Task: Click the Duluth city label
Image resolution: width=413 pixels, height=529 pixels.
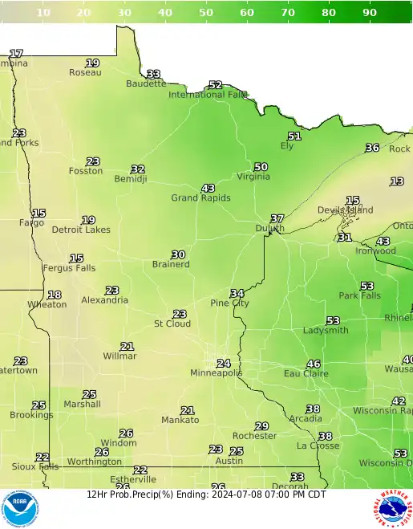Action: (270, 229)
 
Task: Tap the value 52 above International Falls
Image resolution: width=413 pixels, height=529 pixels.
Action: (215, 84)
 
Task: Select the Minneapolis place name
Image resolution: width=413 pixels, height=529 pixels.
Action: (216, 373)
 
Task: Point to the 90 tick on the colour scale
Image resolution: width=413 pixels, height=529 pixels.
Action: (370, 12)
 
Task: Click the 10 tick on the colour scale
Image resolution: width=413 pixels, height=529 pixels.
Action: (43, 12)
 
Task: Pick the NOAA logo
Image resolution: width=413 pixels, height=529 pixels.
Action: (19, 508)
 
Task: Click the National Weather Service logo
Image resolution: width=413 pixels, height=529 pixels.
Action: (392, 509)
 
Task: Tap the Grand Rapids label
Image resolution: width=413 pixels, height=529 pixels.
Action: (200, 197)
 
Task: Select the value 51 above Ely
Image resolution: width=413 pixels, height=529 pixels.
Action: (294, 136)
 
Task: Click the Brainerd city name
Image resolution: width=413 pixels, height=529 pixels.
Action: (171, 264)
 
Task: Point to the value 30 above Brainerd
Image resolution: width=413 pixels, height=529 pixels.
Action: (178, 254)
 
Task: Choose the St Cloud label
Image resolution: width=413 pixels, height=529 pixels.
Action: (172, 324)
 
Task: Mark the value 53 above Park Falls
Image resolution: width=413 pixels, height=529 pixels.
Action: (366, 286)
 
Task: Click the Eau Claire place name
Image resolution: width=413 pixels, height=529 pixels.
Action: (306, 373)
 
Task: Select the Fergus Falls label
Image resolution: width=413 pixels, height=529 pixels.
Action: (69, 268)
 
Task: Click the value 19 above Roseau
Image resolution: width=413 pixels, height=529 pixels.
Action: (93, 63)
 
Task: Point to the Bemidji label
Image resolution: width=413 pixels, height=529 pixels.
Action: (131, 179)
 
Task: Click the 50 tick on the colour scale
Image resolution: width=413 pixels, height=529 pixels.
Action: (206, 12)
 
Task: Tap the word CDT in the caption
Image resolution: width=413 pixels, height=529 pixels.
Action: (316, 494)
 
